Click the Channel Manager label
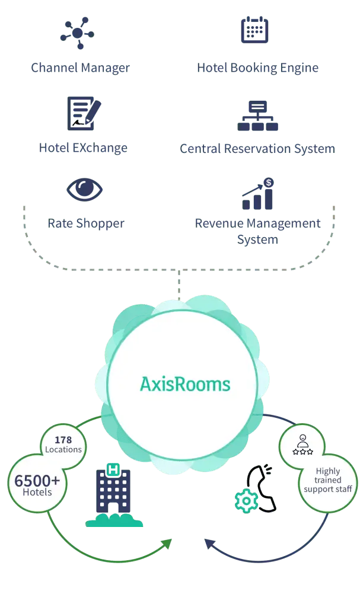coord(80,68)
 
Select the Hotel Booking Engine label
coord(257,68)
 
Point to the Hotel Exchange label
coord(82,148)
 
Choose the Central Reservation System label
coord(257,148)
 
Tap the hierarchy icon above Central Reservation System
coord(258,115)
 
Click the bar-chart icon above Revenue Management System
coord(258,194)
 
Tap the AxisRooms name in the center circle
coord(185,384)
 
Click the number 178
coord(63,440)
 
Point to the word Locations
coord(63,449)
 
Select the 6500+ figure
coord(37,481)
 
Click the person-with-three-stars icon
coord(302,445)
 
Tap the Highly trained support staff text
coord(327,480)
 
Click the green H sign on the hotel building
coord(111,470)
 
